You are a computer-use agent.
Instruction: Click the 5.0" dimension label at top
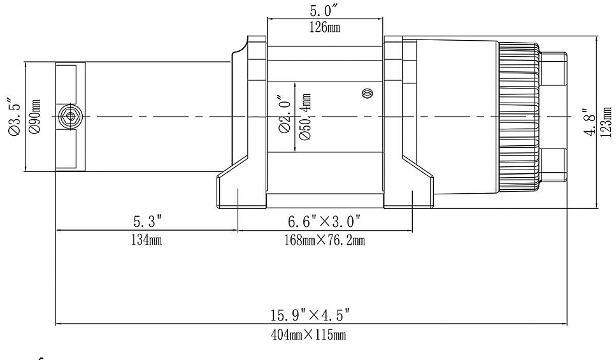[x=325, y=11]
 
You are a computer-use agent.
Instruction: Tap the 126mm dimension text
[x=325, y=28]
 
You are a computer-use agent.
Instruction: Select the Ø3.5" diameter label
[x=12, y=117]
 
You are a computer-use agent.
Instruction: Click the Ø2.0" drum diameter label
[x=285, y=115]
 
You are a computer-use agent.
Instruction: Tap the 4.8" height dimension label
[x=591, y=120]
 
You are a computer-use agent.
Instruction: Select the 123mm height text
[x=606, y=121]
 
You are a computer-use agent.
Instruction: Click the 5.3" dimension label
[x=147, y=222]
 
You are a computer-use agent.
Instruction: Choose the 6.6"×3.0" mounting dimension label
[x=324, y=222]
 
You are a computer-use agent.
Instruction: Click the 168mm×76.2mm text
[x=326, y=240]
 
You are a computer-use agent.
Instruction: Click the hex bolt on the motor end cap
[x=70, y=117]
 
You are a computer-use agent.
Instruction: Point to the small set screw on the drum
[x=366, y=94]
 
